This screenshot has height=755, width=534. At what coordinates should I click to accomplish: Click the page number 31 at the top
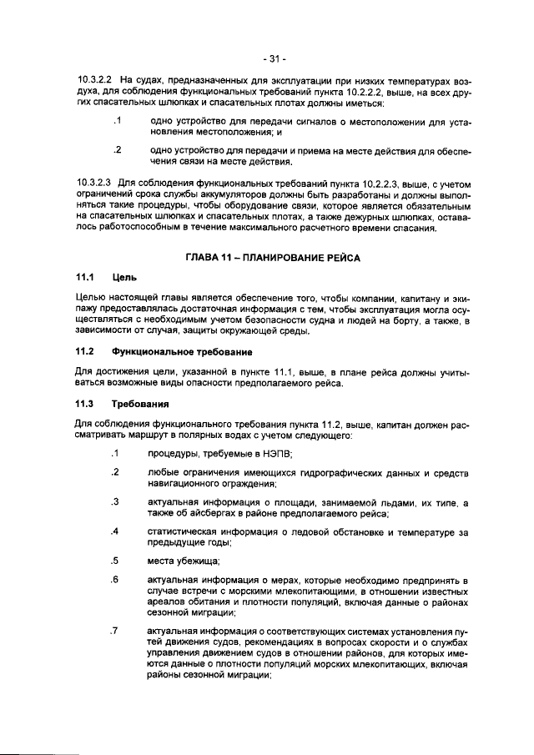click(273, 59)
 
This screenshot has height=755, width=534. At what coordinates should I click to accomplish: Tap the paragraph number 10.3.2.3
click(94, 180)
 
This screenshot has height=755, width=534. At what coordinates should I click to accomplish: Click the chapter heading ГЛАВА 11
click(212, 259)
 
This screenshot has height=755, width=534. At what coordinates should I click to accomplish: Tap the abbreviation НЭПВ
click(278, 454)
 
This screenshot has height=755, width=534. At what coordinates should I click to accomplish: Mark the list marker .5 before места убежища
click(116, 561)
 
